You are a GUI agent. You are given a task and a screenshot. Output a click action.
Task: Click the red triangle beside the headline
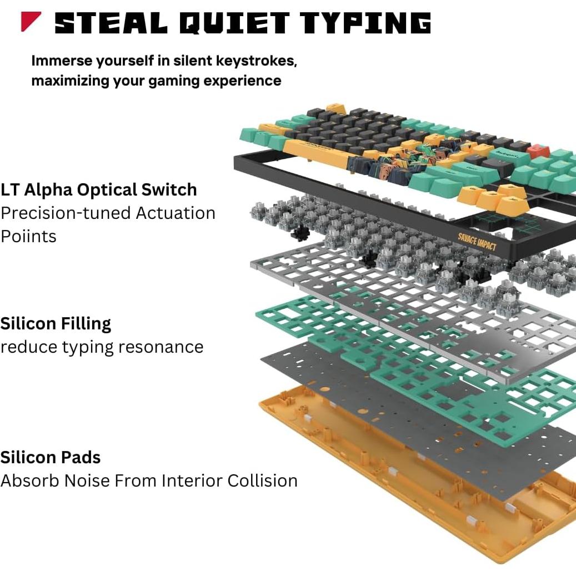(30, 22)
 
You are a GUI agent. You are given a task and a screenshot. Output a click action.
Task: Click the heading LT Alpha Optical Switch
(98, 189)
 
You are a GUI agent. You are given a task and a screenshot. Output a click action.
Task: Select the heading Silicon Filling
(56, 323)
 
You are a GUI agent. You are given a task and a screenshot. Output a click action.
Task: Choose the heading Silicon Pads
(51, 457)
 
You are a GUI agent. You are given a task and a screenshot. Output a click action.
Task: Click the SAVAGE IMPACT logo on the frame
(477, 242)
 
